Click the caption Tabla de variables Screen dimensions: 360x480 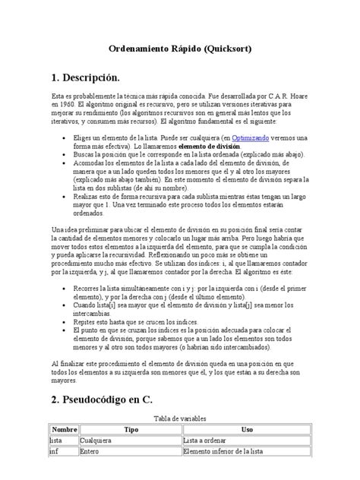pos(182,418)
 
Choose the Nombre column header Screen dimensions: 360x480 pos(64,429)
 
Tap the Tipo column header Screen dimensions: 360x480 pos(131,429)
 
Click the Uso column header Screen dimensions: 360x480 pos(247,429)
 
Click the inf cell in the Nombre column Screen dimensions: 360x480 pos(55,450)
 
